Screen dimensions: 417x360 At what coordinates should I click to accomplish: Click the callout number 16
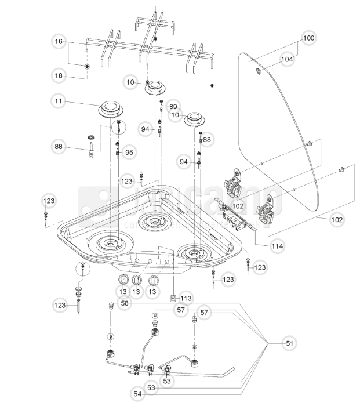[59, 42]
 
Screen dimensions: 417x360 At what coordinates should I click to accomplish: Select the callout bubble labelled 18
[59, 76]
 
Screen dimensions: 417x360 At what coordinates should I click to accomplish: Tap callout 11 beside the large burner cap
[59, 101]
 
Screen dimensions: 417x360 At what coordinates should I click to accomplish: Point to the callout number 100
[308, 38]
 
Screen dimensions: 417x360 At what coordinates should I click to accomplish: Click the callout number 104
[287, 59]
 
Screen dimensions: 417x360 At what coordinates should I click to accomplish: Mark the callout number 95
[129, 153]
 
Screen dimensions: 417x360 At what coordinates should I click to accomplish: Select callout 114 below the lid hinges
[277, 246]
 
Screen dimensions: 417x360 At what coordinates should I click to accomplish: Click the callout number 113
[186, 299]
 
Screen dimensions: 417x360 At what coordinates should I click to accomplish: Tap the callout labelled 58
[125, 303]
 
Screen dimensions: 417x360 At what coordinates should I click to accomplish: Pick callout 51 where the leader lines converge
[289, 344]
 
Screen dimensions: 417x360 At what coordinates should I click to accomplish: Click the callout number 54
[137, 394]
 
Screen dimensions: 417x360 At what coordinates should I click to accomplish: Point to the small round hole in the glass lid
[258, 71]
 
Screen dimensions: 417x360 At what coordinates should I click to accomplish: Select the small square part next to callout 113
[173, 299]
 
